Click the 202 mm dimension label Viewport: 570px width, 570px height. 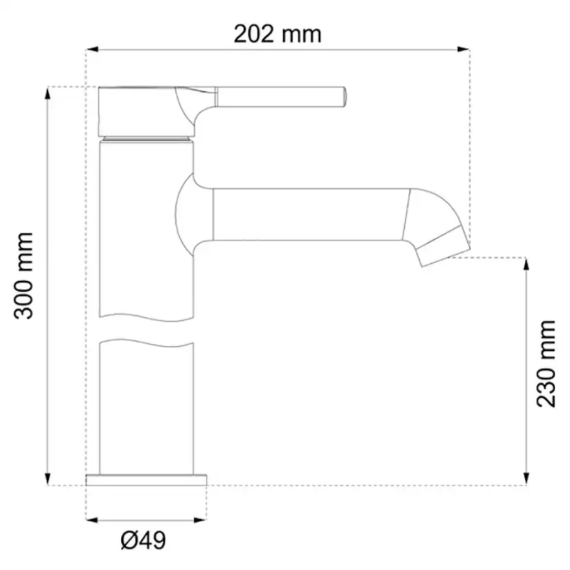pos(277,34)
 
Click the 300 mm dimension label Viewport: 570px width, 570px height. pos(23,276)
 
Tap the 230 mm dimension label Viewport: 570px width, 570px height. pos(547,363)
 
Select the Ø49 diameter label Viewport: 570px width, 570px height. pos(143,540)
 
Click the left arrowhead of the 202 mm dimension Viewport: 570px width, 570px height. pos(92,50)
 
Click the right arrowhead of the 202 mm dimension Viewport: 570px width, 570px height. pos(463,50)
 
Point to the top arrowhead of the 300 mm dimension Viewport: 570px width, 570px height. pos(47,93)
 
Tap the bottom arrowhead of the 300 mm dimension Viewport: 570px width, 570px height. pos(47,479)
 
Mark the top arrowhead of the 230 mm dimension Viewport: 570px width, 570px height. pos(526,264)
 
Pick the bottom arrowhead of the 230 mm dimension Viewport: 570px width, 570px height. pos(526,479)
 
